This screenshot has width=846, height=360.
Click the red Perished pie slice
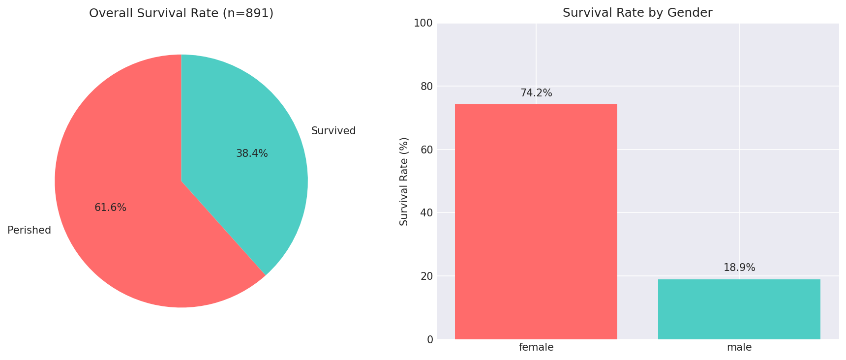pyautogui.click(x=123, y=236)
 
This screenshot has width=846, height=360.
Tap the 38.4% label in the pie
pyautogui.click(x=252, y=153)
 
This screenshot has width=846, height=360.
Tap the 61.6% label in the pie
pyautogui.click(x=110, y=208)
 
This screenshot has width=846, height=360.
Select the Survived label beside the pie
pyautogui.click(x=333, y=131)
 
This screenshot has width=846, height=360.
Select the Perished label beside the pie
pyautogui.click(x=29, y=230)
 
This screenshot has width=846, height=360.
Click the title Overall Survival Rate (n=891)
pyautogui.click(x=181, y=13)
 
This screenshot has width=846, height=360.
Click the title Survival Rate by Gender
pyautogui.click(x=637, y=13)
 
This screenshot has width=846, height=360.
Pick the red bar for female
pyautogui.click(x=536, y=221)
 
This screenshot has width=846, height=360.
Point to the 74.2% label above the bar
pyautogui.click(x=536, y=93)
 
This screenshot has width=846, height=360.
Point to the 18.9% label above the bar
pyautogui.click(x=739, y=268)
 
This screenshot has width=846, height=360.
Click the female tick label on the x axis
pyautogui.click(x=536, y=347)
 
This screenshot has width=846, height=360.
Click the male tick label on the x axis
pyautogui.click(x=739, y=347)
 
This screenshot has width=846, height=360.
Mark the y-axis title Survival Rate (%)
pyautogui.click(x=404, y=181)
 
